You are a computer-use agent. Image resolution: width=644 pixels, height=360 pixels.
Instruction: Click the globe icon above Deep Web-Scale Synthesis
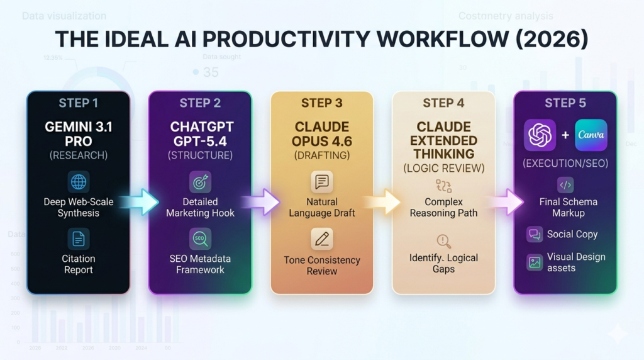(x=79, y=183)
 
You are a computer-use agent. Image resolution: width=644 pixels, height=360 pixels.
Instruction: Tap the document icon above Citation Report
(x=79, y=239)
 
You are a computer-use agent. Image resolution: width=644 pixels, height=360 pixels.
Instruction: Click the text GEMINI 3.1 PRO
(x=79, y=133)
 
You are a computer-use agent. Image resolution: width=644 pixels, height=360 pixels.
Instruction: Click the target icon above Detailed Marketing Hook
(x=200, y=183)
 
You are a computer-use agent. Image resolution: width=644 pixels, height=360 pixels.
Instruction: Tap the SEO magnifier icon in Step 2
(x=200, y=239)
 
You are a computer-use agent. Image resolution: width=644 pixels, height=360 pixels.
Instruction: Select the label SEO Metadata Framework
(x=200, y=264)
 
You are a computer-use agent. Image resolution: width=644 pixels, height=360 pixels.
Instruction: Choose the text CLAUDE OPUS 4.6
(x=321, y=133)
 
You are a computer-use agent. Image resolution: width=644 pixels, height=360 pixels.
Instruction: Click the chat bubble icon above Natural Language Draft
(x=321, y=183)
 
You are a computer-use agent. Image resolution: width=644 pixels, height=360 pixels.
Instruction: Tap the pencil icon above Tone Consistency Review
(x=321, y=239)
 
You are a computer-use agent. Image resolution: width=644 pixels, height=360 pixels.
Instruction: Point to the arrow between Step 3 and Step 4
(x=382, y=202)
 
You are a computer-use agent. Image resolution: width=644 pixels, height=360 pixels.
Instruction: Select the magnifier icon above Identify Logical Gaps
(x=443, y=241)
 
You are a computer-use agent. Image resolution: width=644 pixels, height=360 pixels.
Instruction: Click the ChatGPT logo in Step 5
(x=540, y=135)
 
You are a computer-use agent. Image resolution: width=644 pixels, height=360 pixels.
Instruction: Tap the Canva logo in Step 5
(x=591, y=135)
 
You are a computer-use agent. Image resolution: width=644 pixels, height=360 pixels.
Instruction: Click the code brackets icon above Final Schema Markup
(x=565, y=185)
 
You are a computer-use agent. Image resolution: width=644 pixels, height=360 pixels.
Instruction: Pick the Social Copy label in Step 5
(x=572, y=234)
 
